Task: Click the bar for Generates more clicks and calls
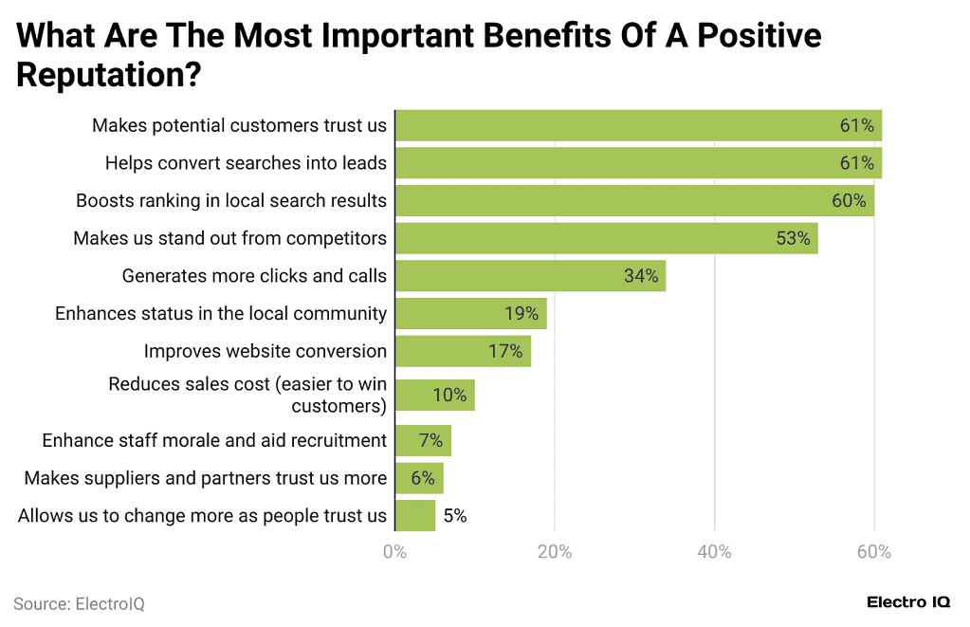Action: pyautogui.click(x=530, y=276)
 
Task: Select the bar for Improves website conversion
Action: pyautogui.click(x=463, y=351)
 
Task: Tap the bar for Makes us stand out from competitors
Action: pyautogui.click(x=606, y=238)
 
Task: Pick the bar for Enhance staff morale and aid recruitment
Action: pyautogui.click(x=423, y=440)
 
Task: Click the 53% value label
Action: pyautogui.click(x=793, y=239)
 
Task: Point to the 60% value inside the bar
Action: pyautogui.click(x=849, y=201)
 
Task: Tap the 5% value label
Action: pyautogui.click(x=455, y=516)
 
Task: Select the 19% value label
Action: pyautogui.click(x=521, y=314)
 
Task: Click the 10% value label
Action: pyautogui.click(x=449, y=396)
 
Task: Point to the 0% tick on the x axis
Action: pyautogui.click(x=394, y=552)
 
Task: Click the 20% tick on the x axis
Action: pyautogui.click(x=555, y=552)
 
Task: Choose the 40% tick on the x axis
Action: pyautogui.click(x=715, y=552)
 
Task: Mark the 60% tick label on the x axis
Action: pyautogui.click(x=874, y=552)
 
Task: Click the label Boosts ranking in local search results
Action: pyautogui.click(x=231, y=201)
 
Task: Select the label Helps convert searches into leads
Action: pyautogui.click(x=246, y=163)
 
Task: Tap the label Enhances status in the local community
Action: pyautogui.click(x=221, y=314)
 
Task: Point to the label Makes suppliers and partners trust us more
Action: pyautogui.click(x=206, y=478)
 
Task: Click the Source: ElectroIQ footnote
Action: pyautogui.click(x=79, y=604)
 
